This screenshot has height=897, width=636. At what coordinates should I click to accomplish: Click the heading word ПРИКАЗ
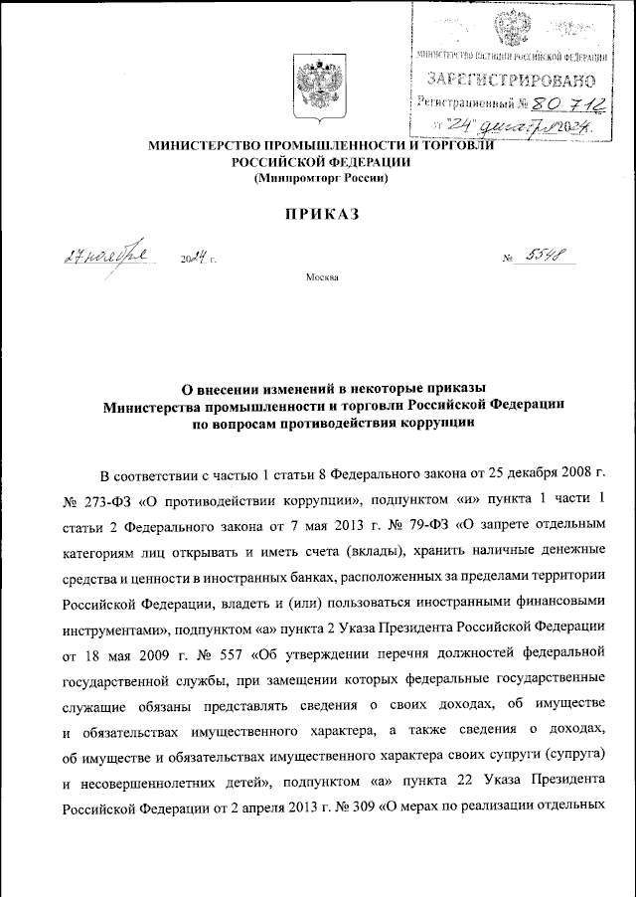tap(317, 214)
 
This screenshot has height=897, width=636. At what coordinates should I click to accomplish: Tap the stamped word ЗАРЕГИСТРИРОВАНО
tap(512, 78)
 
